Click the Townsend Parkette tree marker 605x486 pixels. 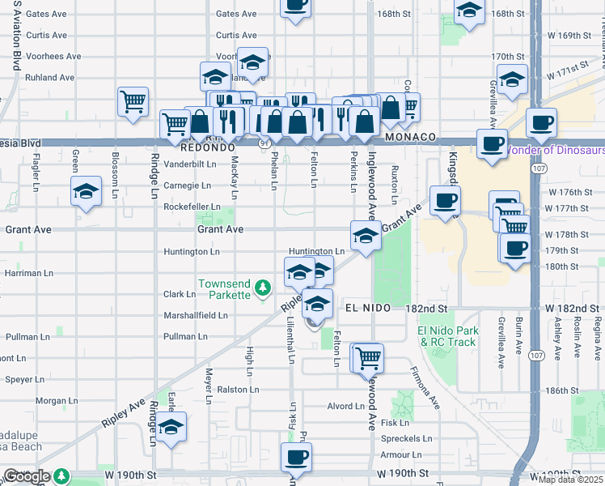[x=262, y=288]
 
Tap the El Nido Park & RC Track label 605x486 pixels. [x=447, y=336]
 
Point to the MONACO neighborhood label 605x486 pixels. [x=411, y=138]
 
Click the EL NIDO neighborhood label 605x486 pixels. [x=368, y=309]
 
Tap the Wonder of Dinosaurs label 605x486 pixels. [x=555, y=150]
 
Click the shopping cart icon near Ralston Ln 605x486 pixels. [x=368, y=357]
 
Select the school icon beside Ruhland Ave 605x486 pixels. [x=216, y=77]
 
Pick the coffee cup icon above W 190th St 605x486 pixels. [x=295, y=458]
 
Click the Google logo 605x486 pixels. [x=26, y=477]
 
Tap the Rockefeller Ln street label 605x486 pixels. [x=192, y=207]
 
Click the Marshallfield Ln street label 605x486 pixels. [x=195, y=315]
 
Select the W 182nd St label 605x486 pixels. [x=570, y=309]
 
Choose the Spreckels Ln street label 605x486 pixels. [x=406, y=438]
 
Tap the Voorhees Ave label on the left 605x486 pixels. [x=53, y=57]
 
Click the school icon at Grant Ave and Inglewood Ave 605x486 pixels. [x=366, y=237]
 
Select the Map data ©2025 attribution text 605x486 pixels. [x=571, y=480]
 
